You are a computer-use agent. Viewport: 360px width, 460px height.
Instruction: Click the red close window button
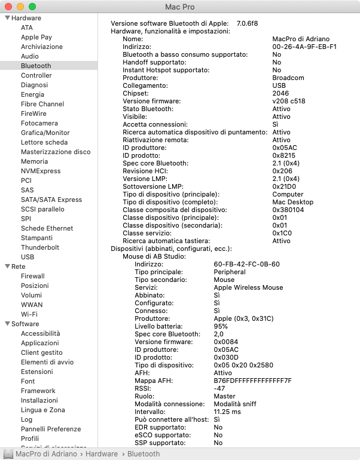[x=8, y=7]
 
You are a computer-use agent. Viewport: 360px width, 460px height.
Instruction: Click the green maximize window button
[x=32, y=7]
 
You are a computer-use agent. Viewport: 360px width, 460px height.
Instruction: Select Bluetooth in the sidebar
[x=36, y=66]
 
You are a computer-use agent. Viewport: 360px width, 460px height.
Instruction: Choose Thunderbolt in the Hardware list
[x=40, y=247]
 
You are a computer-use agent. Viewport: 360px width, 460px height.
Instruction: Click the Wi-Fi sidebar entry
[x=29, y=314]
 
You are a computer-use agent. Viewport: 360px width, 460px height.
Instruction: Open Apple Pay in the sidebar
[x=36, y=37]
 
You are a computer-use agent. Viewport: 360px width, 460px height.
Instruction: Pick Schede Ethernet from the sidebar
[x=47, y=228]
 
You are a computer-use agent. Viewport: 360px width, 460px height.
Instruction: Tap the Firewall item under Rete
[x=33, y=276]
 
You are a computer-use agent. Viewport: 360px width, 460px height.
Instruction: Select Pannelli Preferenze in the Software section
[x=51, y=429]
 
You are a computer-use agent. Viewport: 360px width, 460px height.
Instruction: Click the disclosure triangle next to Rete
[x=7, y=266]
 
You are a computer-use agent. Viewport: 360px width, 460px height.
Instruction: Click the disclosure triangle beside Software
[x=7, y=324]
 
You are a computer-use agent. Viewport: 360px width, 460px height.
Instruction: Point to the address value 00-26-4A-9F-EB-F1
[x=304, y=46]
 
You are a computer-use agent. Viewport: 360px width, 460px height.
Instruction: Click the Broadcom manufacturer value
[x=288, y=78]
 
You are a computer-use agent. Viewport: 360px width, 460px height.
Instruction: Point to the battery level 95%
[x=221, y=326]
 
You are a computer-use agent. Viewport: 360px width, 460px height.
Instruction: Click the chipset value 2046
[x=280, y=93]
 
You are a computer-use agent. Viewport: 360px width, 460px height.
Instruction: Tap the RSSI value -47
[x=220, y=388]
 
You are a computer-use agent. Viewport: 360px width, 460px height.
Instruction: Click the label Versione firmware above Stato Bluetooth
[x=148, y=101]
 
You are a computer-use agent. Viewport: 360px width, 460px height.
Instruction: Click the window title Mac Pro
[x=180, y=7]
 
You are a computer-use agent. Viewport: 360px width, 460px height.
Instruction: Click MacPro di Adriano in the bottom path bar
[x=46, y=454]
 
